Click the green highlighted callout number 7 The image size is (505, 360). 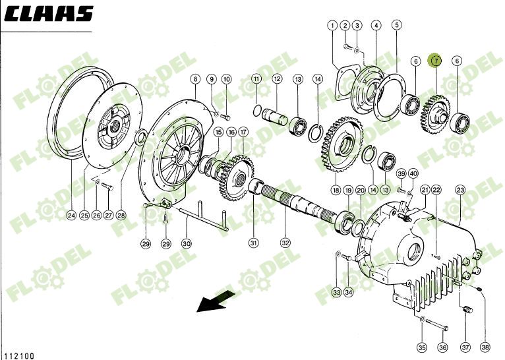434,61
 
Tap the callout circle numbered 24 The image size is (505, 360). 71,216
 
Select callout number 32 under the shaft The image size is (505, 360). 285,243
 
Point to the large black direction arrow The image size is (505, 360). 214,303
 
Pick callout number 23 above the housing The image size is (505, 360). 460,190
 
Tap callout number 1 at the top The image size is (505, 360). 332,26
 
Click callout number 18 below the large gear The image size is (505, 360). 336,190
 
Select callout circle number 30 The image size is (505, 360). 187,244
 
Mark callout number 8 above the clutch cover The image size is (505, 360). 195,79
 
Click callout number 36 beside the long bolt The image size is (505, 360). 442,347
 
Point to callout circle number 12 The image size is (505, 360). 277,79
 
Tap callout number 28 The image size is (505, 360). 121,216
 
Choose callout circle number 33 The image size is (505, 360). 336,291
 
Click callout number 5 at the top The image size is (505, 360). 396,26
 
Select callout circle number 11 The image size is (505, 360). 256,79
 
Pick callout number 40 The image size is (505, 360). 413,173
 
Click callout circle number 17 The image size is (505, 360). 243,132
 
